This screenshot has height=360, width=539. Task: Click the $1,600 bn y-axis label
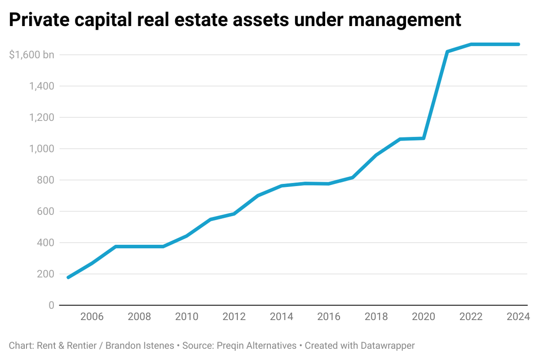coord(31,55)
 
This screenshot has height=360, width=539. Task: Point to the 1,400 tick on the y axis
coord(42,86)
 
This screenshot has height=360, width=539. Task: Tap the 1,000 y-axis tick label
coord(42,149)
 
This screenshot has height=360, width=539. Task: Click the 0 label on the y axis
coord(51,306)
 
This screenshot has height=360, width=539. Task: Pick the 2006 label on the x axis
coord(92,317)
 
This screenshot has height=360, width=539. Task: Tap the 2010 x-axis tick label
coord(186,317)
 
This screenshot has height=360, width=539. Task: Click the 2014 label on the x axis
coord(281,317)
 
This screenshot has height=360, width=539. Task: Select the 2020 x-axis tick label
coord(424,317)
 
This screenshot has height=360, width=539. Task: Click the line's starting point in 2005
coord(68,277)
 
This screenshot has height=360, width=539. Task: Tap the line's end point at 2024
coord(518,44)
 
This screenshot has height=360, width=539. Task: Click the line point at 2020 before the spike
coord(424,138)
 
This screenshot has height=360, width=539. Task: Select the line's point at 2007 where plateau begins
coord(116,246)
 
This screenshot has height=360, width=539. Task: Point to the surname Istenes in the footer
coord(159,346)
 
